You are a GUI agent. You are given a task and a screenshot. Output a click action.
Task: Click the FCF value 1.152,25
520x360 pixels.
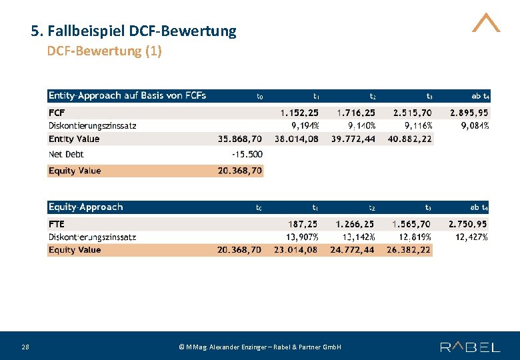tap(299, 113)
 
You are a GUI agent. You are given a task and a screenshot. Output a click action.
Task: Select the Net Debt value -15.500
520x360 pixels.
tap(247, 154)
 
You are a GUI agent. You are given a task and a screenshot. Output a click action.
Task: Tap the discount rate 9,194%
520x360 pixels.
tap(305, 125)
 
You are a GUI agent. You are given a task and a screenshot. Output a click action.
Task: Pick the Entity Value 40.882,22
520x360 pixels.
tap(409, 139)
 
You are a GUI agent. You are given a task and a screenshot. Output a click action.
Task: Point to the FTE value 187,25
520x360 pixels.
tap(303, 225)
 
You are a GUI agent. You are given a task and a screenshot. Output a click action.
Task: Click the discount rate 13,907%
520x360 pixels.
tap(302, 237)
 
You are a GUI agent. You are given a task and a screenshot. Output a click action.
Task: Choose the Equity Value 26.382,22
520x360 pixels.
tap(409, 250)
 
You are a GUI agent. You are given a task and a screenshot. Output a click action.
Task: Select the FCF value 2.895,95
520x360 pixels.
tap(469, 113)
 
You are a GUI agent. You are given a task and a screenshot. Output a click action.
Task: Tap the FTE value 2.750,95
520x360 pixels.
tap(467, 225)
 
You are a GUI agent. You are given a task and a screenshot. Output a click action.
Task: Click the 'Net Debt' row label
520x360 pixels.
tap(66, 154)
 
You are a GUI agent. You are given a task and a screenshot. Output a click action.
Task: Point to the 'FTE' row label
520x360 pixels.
tap(57, 224)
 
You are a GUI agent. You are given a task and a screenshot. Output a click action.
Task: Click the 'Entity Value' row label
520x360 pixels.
tap(74, 139)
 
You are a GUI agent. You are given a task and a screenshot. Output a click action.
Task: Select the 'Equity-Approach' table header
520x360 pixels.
tap(85, 207)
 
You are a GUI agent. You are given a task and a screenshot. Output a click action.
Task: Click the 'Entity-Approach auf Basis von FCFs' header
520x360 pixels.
tap(127, 95)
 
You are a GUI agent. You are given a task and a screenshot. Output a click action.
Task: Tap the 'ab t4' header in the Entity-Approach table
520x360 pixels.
tap(480, 96)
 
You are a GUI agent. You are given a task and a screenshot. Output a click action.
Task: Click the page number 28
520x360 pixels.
tap(25, 347)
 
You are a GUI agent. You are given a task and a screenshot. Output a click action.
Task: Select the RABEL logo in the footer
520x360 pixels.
tap(470, 347)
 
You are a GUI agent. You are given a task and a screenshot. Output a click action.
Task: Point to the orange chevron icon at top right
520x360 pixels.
tap(486, 23)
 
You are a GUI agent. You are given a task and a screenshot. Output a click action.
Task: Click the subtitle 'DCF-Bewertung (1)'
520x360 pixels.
tap(104, 51)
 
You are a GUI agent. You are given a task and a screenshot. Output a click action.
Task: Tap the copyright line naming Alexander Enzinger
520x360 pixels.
tap(260, 347)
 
